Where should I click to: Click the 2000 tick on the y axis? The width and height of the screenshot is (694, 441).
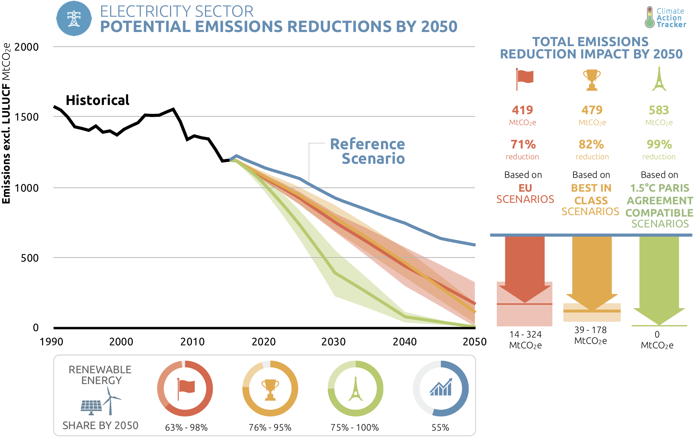tap(26, 47)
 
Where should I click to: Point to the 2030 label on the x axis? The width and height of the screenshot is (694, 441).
tap(333, 342)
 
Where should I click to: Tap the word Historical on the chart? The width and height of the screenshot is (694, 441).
tap(97, 100)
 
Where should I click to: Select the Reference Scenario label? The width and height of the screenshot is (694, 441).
tap(367, 151)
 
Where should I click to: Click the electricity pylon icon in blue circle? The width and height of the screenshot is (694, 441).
tap(74, 18)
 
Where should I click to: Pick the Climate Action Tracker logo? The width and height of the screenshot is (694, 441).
tap(666, 17)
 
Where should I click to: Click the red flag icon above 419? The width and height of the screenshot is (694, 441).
tap(524, 79)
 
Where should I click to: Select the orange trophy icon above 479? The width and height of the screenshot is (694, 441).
tap(592, 79)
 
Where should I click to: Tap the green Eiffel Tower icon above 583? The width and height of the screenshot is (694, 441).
tap(659, 79)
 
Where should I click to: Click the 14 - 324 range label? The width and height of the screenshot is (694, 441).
tap(525, 335)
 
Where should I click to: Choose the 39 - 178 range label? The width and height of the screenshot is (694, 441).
tap(591, 330)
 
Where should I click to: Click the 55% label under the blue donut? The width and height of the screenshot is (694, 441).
tap(440, 428)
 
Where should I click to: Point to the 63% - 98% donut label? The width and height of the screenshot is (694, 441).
tap(186, 428)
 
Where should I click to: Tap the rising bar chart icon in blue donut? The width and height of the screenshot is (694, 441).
tap(441, 387)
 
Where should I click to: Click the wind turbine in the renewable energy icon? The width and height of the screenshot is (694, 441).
tap(111, 400)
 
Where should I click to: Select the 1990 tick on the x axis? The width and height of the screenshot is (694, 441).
tap(52, 342)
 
